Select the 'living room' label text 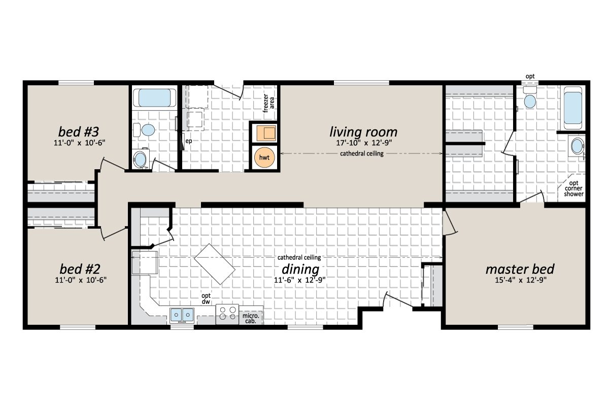click(363, 132)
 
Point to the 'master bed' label click(520, 268)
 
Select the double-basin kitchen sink click(182, 315)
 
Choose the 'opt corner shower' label click(574, 188)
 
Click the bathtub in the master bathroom click(573, 108)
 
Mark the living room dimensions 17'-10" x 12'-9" click(363, 144)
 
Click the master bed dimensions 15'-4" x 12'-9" click(520, 280)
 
